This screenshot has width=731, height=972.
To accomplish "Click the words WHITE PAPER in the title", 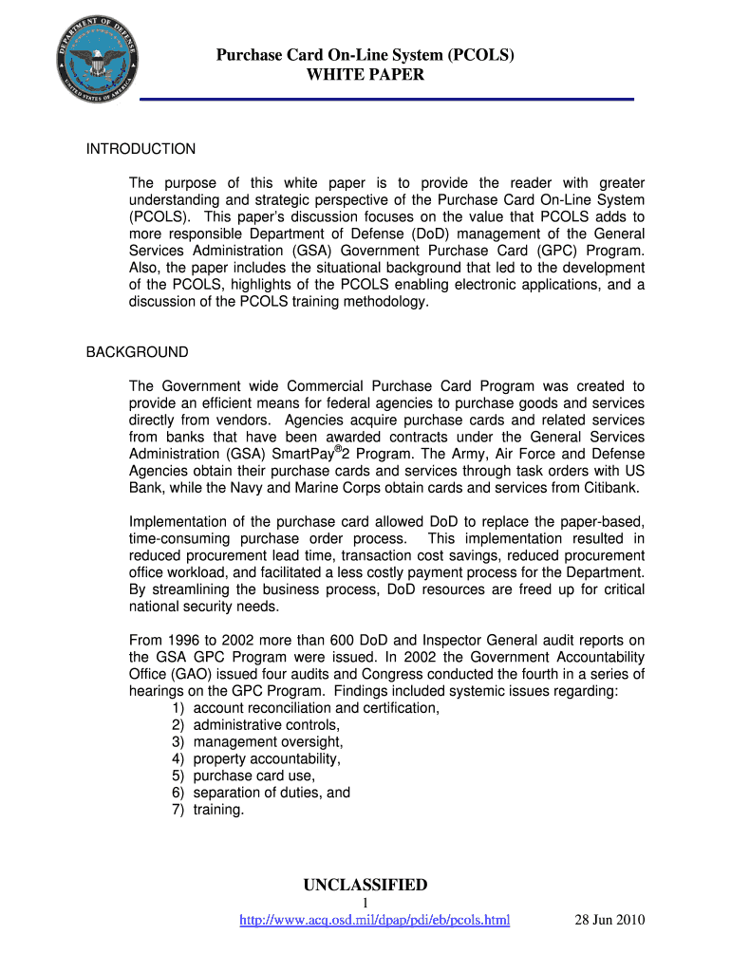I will coord(365,75).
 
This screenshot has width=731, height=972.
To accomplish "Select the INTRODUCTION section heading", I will coord(141,149).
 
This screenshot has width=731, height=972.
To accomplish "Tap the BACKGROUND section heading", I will coord(137,352).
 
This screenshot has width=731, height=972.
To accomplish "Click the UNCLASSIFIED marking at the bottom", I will coord(365,886).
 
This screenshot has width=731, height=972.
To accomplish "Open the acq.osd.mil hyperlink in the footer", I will coord(375,920).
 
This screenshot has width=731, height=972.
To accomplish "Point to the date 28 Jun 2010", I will coord(609,920).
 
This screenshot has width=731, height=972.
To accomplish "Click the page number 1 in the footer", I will coord(365,903).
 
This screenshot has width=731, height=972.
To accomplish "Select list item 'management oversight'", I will coord(268,741).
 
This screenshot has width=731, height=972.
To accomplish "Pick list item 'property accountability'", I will coord(267,758).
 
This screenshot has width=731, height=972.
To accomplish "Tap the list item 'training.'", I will coord(218,810).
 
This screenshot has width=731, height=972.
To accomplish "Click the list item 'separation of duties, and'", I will coord(272,793).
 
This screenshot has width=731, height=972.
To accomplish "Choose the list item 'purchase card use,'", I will coord(253,776).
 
